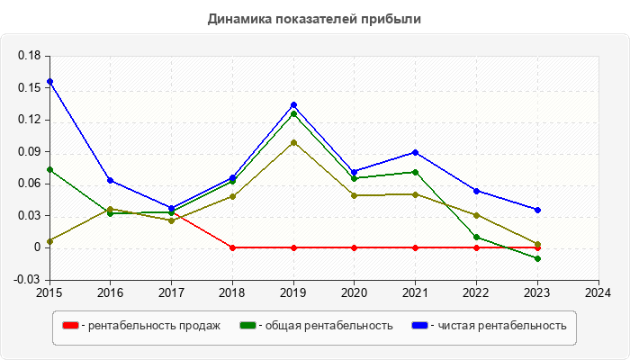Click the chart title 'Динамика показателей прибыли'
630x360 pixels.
tap(314, 18)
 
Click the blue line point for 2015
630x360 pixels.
tap(49, 82)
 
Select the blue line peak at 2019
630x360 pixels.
tap(293, 105)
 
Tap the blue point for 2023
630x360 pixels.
tap(537, 210)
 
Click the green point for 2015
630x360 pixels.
tap(49, 169)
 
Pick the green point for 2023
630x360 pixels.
tap(537, 258)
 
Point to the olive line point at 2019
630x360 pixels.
tap(293, 142)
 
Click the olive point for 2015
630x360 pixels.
tap(49, 241)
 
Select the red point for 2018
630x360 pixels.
tap(232, 247)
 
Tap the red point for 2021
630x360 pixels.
tap(415, 247)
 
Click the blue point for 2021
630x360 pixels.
tap(415, 152)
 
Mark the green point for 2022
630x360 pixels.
tap(476, 238)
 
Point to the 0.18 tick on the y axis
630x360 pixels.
tap(30, 56)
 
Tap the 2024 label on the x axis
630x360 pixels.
tap(598, 292)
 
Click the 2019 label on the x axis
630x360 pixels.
tap(293, 292)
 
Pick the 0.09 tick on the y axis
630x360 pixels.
tap(30, 151)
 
